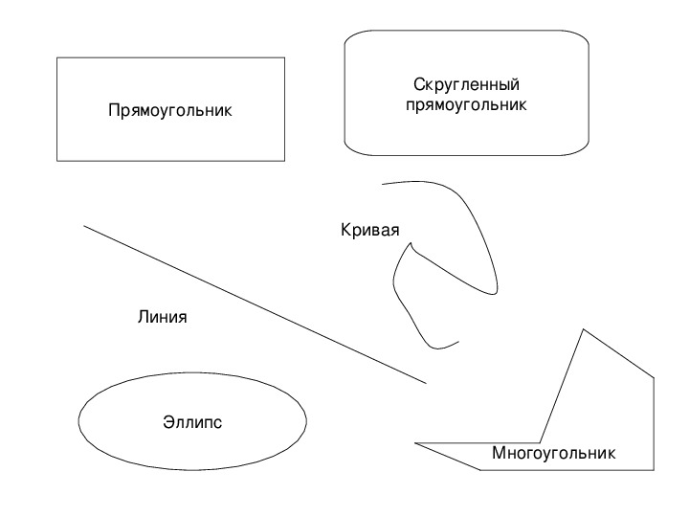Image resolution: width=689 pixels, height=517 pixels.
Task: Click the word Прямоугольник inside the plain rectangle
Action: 170,110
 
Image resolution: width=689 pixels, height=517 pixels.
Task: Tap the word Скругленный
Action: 466,84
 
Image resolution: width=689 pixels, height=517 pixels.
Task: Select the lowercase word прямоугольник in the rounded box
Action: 466,104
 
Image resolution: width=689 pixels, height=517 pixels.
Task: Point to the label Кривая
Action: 370,230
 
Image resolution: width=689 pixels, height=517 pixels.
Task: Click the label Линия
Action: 162,317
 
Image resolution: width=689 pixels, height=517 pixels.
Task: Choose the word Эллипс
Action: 192,422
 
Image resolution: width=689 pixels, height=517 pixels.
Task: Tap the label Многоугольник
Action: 554,453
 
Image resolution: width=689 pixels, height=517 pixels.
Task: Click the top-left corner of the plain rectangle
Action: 57,57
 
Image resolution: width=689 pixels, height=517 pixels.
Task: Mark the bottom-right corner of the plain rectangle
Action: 285,161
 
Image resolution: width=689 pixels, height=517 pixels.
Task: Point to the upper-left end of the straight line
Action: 84,226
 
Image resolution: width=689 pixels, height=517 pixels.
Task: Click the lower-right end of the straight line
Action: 426,383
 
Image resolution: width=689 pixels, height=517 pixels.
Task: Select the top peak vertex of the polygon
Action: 584,329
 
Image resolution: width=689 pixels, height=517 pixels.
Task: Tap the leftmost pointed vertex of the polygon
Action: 414,443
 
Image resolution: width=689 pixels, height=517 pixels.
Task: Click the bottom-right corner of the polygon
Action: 654,470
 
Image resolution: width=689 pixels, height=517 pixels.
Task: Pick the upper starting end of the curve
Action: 382,184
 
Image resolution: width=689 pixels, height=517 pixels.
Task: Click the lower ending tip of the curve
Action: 458,341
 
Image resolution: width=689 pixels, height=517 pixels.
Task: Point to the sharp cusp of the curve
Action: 411,242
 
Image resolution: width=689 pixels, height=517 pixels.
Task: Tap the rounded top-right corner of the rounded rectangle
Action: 582,36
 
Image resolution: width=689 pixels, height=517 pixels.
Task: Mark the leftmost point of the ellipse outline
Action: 78,421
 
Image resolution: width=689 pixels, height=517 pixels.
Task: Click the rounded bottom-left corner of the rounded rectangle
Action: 351,149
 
